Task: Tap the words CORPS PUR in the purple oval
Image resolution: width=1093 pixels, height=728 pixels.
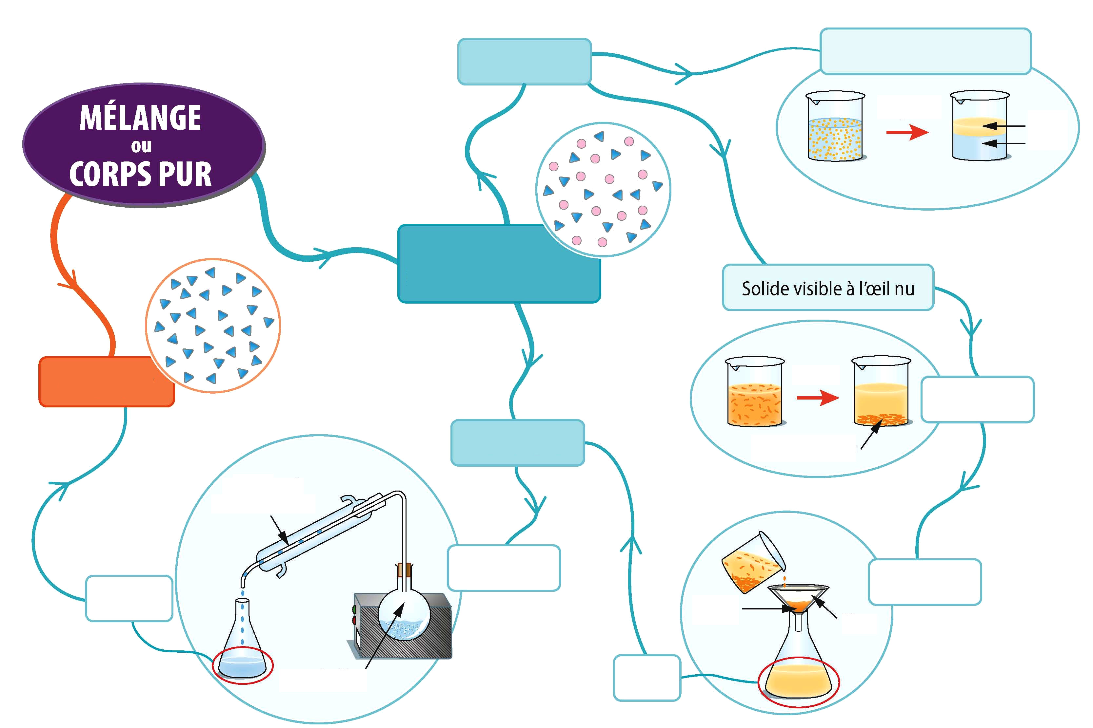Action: pyautogui.click(x=140, y=174)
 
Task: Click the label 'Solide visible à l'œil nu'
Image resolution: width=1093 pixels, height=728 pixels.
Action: pyautogui.click(x=828, y=288)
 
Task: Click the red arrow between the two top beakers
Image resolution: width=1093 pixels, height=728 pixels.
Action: pyautogui.click(x=907, y=132)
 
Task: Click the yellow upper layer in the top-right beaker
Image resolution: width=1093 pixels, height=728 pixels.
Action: pyautogui.click(x=979, y=126)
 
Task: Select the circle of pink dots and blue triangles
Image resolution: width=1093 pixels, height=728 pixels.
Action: pyautogui.click(x=603, y=189)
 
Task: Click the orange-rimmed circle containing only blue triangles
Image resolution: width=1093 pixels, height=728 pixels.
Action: pyautogui.click(x=213, y=326)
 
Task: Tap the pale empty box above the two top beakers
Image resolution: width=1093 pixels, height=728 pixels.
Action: pyautogui.click(x=926, y=51)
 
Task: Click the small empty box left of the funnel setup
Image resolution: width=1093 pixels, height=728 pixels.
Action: pyautogui.click(x=647, y=677)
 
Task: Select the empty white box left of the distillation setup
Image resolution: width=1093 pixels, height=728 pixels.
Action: pyautogui.click(x=129, y=598)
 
